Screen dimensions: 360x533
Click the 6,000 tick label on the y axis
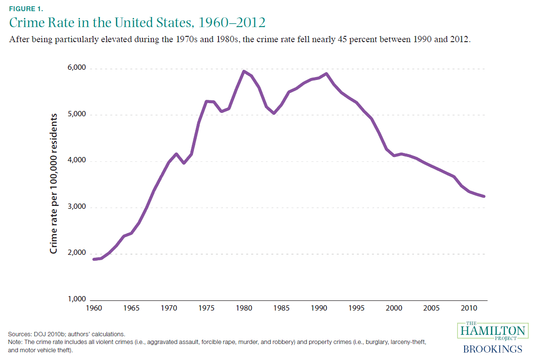[x=75, y=68]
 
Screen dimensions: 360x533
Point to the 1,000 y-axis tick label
[x=75, y=299]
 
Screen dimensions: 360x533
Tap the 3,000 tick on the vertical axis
[x=75, y=207]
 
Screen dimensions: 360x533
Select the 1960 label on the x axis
[x=94, y=308]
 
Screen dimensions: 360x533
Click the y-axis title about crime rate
[x=54, y=184]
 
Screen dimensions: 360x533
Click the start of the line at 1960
[x=94, y=259]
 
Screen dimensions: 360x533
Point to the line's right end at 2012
[x=485, y=196]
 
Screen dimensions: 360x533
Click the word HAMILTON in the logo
[x=491, y=332]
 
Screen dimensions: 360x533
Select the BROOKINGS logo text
[x=492, y=349]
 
